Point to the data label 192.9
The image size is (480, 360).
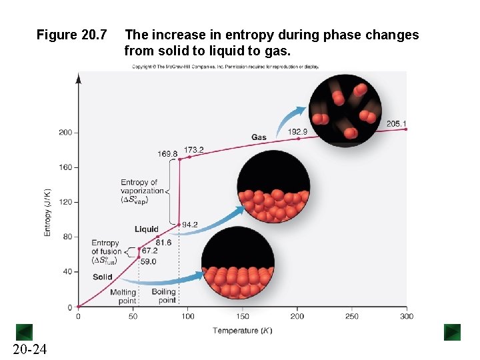[297, 132]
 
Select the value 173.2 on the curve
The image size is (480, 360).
[194, 150]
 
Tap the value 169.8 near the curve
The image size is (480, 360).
[167, 154]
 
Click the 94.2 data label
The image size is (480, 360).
[190, 225]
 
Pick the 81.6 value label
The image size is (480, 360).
[163, 243]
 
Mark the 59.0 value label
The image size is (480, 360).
[148, 262]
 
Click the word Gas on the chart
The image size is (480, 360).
[259, 137]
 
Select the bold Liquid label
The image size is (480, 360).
[147, 229]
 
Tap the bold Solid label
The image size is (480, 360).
[102, 277]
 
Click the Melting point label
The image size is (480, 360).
[123, 296]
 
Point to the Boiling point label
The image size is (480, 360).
[164, 296]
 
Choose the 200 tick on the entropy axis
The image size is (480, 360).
[65, 133]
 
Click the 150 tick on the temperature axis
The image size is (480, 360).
[243, 316]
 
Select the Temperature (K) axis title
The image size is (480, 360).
[243, 331]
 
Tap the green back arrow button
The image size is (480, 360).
[24, 332]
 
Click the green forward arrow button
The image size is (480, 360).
[452, 332]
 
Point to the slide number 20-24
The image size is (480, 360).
[29, 349]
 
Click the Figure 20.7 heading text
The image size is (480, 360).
[71, 35]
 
